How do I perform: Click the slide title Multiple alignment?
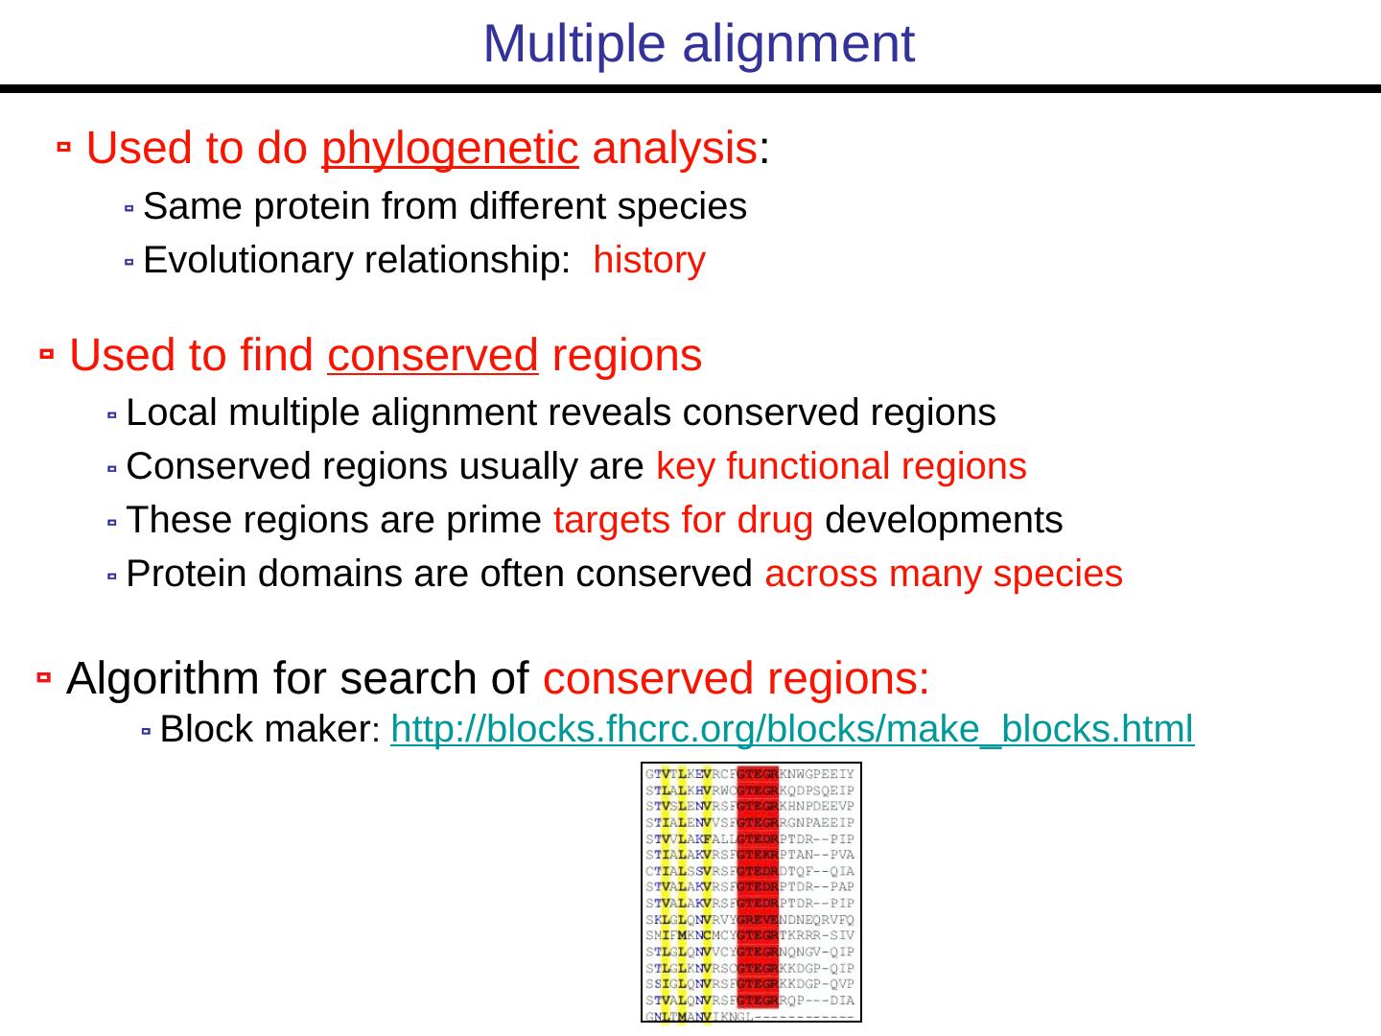point(699,44)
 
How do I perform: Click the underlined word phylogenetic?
point(450,149)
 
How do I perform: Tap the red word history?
point(649,260)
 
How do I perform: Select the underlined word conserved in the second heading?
point(433,356)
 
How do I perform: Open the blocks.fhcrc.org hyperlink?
point(792,730)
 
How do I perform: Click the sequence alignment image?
point(751,892)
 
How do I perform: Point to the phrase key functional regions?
point(841,466)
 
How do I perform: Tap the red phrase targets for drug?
point(683,520)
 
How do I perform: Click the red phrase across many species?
point(944,574)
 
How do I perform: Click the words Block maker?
point(269,730)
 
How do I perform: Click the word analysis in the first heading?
point(674,149)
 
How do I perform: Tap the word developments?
point(944,520)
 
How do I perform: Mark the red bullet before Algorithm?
point(43,678)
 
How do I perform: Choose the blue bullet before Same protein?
point(129,207)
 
